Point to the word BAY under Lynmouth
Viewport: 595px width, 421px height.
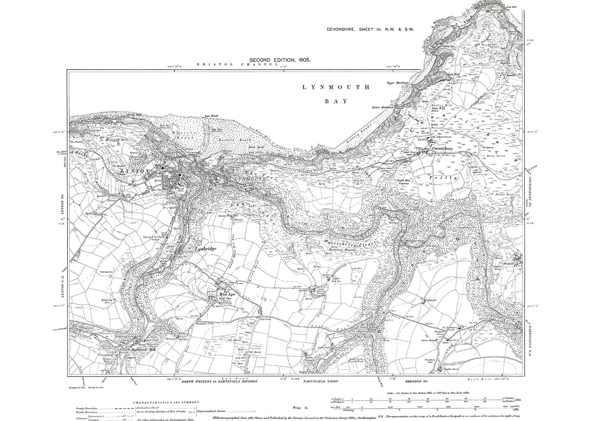pos(336,101)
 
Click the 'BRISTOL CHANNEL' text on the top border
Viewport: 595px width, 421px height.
pos(235,65)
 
